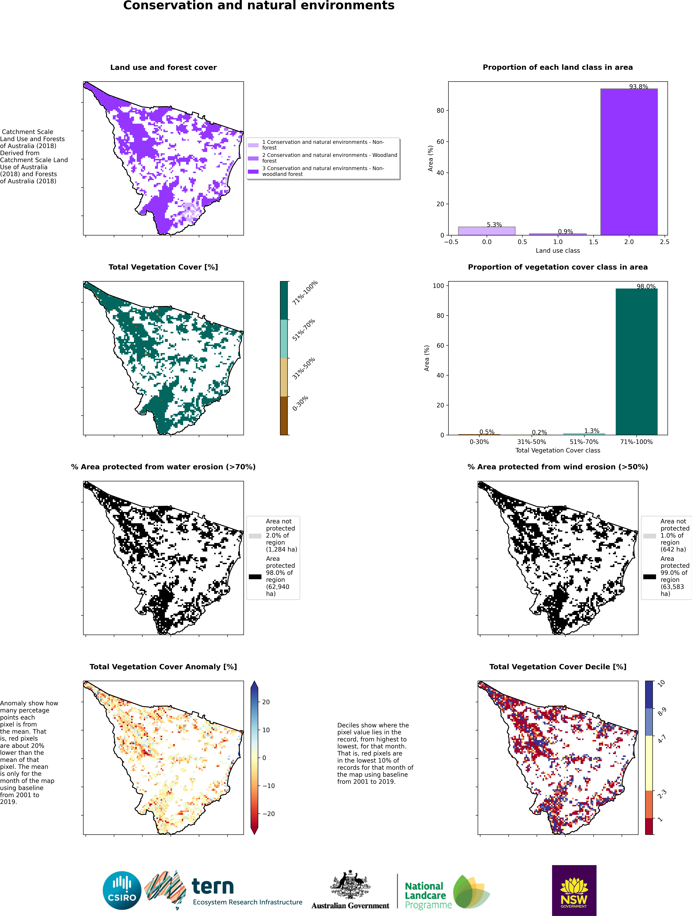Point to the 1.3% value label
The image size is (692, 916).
pos(592,431)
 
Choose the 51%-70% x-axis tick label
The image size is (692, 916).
pos(584,442)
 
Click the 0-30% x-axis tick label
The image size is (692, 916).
pos(479,442)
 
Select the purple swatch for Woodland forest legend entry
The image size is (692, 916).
pos(253,158)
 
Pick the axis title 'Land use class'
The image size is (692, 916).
pos(558,251)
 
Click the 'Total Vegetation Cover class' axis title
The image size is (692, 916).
pos(558,450)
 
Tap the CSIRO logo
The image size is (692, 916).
pos(122,891)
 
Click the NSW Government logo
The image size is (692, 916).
pos(574,890)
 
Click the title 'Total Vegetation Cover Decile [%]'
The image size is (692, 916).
pos(558,667)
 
